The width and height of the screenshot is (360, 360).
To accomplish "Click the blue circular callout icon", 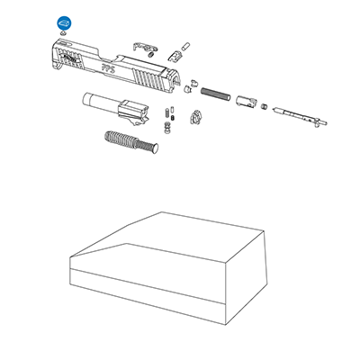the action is tap(65, 22).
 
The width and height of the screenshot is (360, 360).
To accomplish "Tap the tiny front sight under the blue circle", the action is tap(63, 33).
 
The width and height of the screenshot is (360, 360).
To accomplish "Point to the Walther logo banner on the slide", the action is tap(70, 58).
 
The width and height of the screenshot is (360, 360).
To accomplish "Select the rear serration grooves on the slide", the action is tap(148, 77).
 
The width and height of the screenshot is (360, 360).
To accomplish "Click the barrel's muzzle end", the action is tap(85, 99).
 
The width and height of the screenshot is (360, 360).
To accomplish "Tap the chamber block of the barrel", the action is tap(133, 111).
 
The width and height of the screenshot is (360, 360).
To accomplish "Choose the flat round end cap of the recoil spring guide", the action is tap(155, 148).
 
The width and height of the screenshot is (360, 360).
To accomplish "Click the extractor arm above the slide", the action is tap(145, 47).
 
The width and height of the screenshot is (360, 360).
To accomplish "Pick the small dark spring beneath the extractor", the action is tap(151, 54).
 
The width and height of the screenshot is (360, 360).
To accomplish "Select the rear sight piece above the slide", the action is tap(175, 56).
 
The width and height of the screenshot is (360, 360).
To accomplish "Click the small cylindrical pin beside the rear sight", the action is tap(186, 46).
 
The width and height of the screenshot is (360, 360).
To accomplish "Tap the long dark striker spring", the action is tap(215, 94).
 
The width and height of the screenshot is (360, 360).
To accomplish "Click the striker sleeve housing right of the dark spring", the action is tap(246, 101).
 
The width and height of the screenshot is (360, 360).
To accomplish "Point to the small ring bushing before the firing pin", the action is tap(264, 106).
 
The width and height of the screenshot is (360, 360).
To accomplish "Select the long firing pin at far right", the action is tap(300, 117).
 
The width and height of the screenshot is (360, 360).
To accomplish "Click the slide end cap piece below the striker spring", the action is tap(195, 117).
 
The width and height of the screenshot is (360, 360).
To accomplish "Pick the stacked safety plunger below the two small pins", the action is tap(167, 128).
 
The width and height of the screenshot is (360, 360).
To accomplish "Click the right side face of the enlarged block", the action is tap(246, 277).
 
